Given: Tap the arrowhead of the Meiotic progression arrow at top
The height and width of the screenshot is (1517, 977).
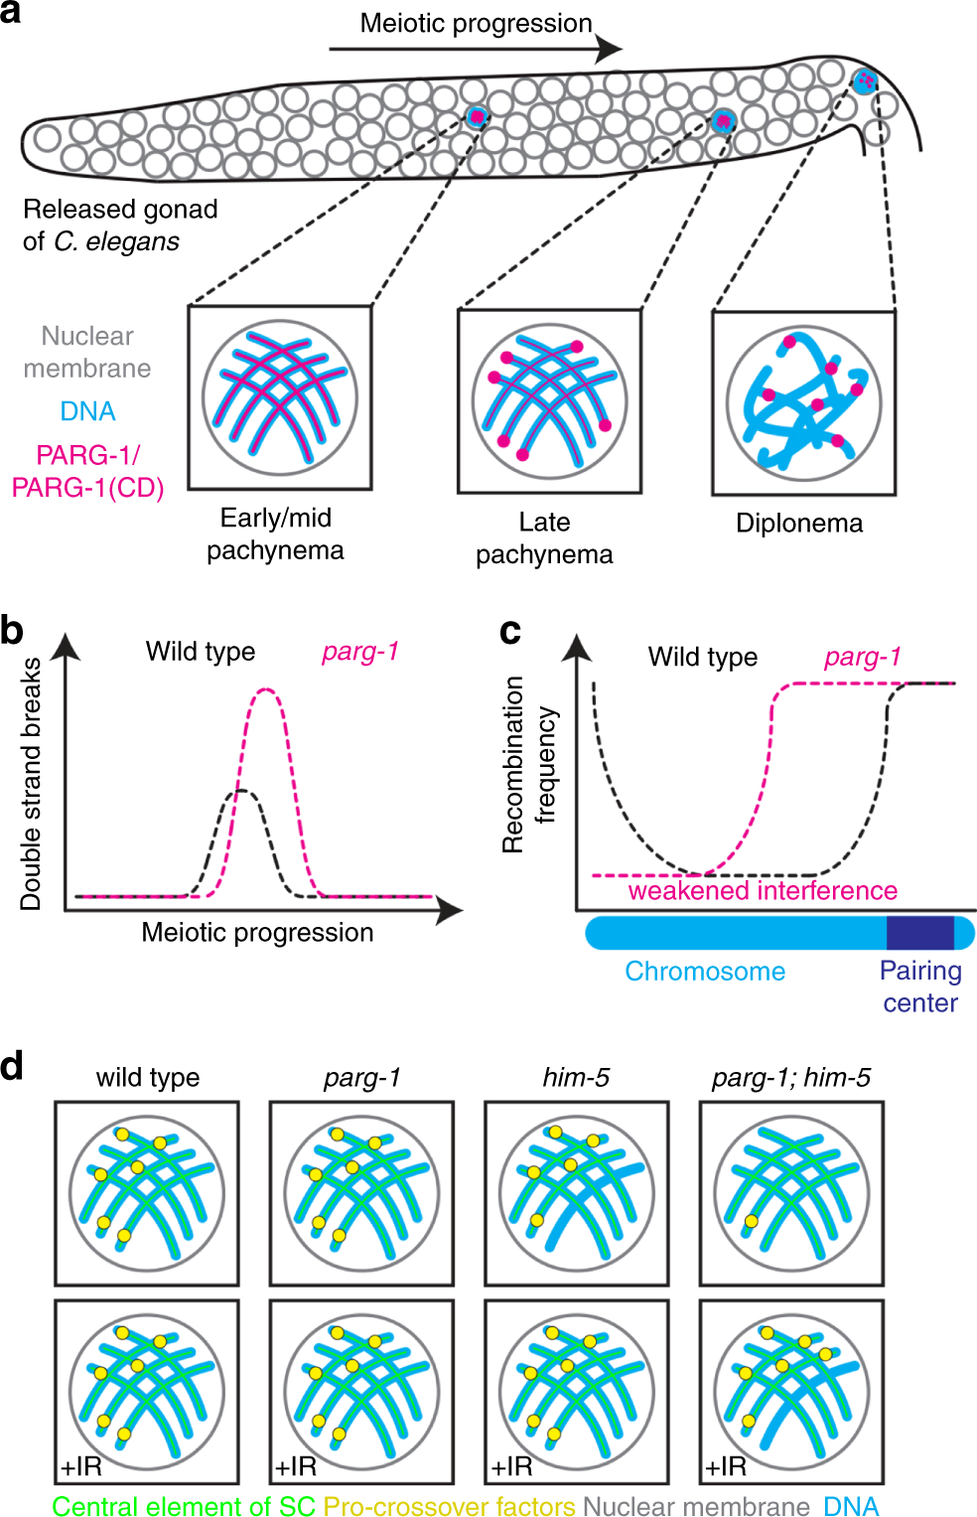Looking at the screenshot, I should tap(610, 48).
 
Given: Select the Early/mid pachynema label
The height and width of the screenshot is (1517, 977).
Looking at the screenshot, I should tap(275, 533).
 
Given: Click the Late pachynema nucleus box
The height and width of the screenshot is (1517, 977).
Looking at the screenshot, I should tap(549, 401).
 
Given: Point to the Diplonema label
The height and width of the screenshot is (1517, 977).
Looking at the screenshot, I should tap(798, 524).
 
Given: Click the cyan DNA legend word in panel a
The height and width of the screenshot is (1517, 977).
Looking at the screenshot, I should tap(87, 411).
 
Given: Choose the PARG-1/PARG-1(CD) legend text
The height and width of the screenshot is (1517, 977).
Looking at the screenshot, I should tap(87, 471).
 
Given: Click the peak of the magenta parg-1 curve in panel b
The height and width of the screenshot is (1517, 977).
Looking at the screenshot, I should tap(265, 689).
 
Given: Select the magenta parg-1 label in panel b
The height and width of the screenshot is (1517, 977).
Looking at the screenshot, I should tap(359, 652).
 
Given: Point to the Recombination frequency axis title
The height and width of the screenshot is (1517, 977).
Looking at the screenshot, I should tap(527, 765).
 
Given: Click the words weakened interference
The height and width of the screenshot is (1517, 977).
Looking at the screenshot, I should tap(762, 891).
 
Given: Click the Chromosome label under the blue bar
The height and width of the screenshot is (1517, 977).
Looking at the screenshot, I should tap(704, 972).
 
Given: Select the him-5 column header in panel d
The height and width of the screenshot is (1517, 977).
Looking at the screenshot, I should tap(576, 1078).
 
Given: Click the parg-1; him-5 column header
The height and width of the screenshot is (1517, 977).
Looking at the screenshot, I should tap(790, 1078).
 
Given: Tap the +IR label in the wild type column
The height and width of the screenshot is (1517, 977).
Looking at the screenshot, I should tap(80, 1466).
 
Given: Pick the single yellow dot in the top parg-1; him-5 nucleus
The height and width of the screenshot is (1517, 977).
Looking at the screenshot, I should tap(752, 1222).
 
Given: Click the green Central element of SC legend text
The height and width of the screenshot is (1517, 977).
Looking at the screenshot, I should tap(184, 1506).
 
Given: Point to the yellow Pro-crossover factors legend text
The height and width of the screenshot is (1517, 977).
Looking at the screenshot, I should tap(449, 1506).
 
